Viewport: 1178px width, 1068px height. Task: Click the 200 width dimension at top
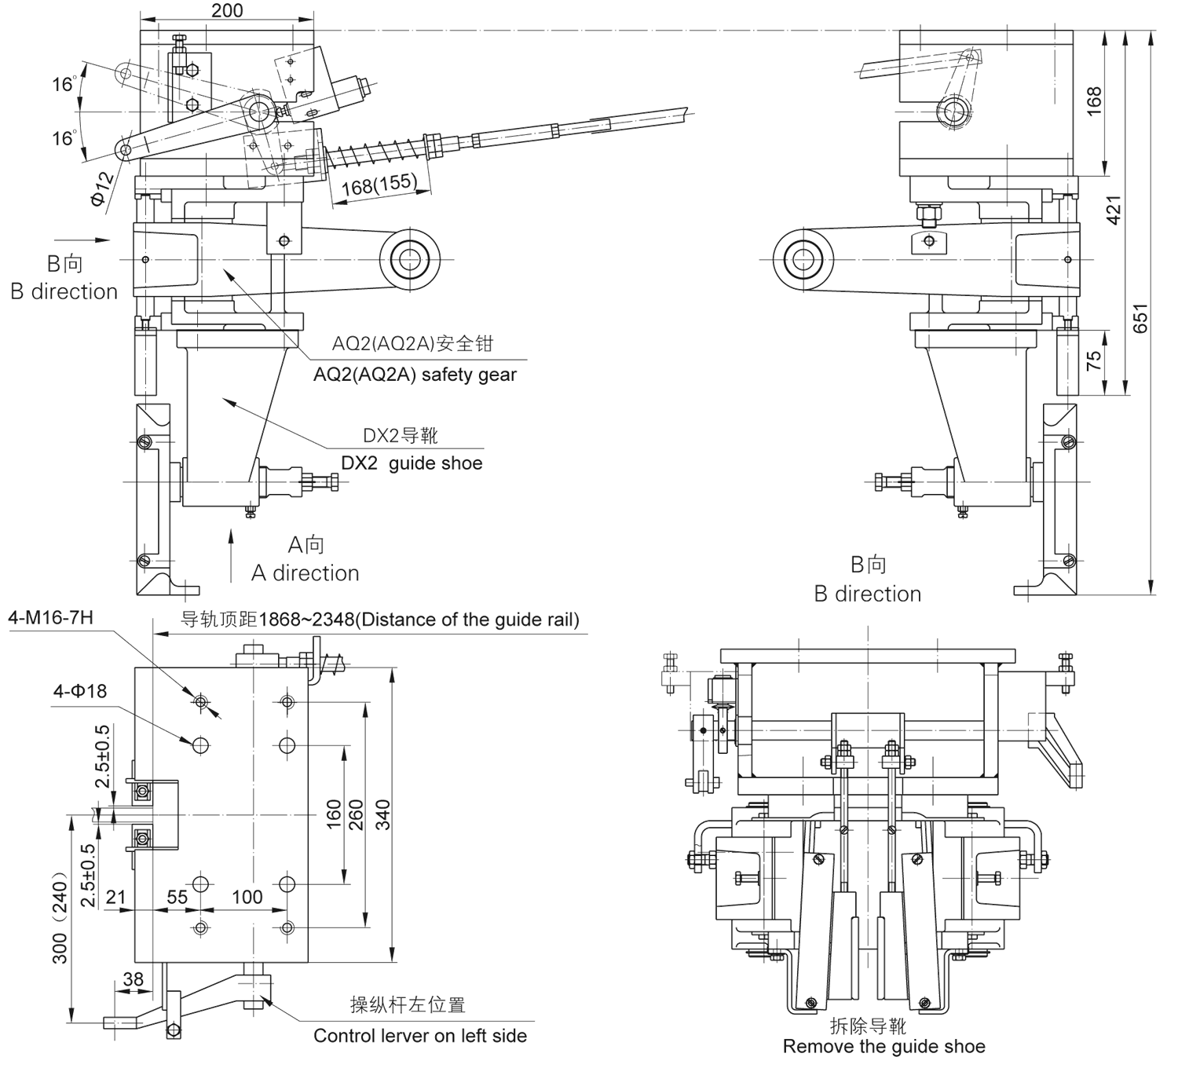click(x=227, y=10)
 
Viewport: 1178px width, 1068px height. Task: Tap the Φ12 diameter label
click(x=102, y=188)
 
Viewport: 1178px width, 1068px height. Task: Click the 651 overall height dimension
click(x=1140, y=317)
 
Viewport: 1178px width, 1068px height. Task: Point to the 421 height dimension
click(x=1114, y=210)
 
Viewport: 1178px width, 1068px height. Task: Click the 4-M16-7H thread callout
click(x=51, y=618)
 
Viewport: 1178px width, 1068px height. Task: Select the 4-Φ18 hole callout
click(x=79, y=691)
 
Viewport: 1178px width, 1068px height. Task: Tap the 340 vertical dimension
click(x=382, y=814)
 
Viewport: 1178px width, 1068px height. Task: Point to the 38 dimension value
click(x=134, y=978)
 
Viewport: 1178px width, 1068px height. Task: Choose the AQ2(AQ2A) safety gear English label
click(x=415, y=375)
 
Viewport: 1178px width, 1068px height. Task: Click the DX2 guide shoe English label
click(x=412, y=463)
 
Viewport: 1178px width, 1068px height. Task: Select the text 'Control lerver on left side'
click(x=420, y=1036)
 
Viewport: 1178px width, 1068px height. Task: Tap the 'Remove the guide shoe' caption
click(x=883, y=1047)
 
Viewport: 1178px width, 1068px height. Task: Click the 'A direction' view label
click(x=305, y=573)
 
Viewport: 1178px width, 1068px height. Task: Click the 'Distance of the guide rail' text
click(x=467, y=620)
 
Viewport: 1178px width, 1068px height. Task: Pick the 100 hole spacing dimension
click(x=247, y=897)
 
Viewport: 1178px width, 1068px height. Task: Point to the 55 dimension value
click(x=177, y=897)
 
